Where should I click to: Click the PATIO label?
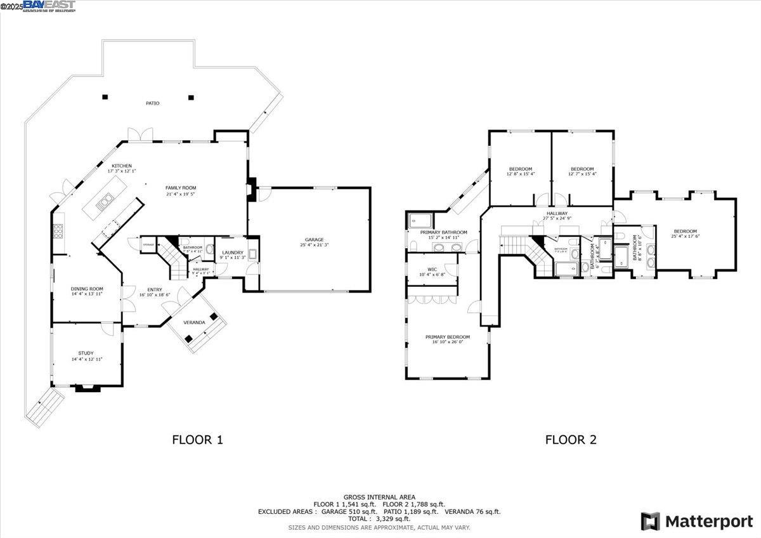point(152,103)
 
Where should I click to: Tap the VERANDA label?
point(194,322)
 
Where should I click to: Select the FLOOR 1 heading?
point(198,439)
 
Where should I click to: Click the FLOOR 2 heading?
point(571,439)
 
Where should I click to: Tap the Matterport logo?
point(696,522)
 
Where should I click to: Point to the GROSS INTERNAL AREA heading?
point(379,497)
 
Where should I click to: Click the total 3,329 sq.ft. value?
point(379,518)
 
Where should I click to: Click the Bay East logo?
point(49,6)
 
